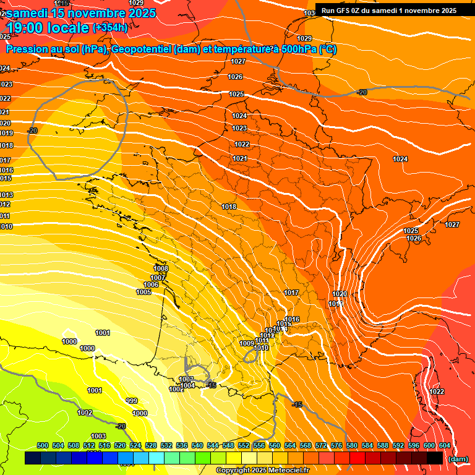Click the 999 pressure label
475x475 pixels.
(131, 401)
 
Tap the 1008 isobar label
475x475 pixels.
(161, 268)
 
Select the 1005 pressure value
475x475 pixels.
(143, 292)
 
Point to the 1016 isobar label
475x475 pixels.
(293, 319)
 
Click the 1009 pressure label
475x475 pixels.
(246, 343)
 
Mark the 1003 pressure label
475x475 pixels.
(98, 436)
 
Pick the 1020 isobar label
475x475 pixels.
(339, 294)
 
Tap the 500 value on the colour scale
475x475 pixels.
(43, 445)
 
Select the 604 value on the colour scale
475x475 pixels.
(444, 445)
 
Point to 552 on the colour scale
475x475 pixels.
(244, 445)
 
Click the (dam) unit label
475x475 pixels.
(458, 459)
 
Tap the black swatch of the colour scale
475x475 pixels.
(435, 458)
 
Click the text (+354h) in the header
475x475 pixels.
(110, 27)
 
